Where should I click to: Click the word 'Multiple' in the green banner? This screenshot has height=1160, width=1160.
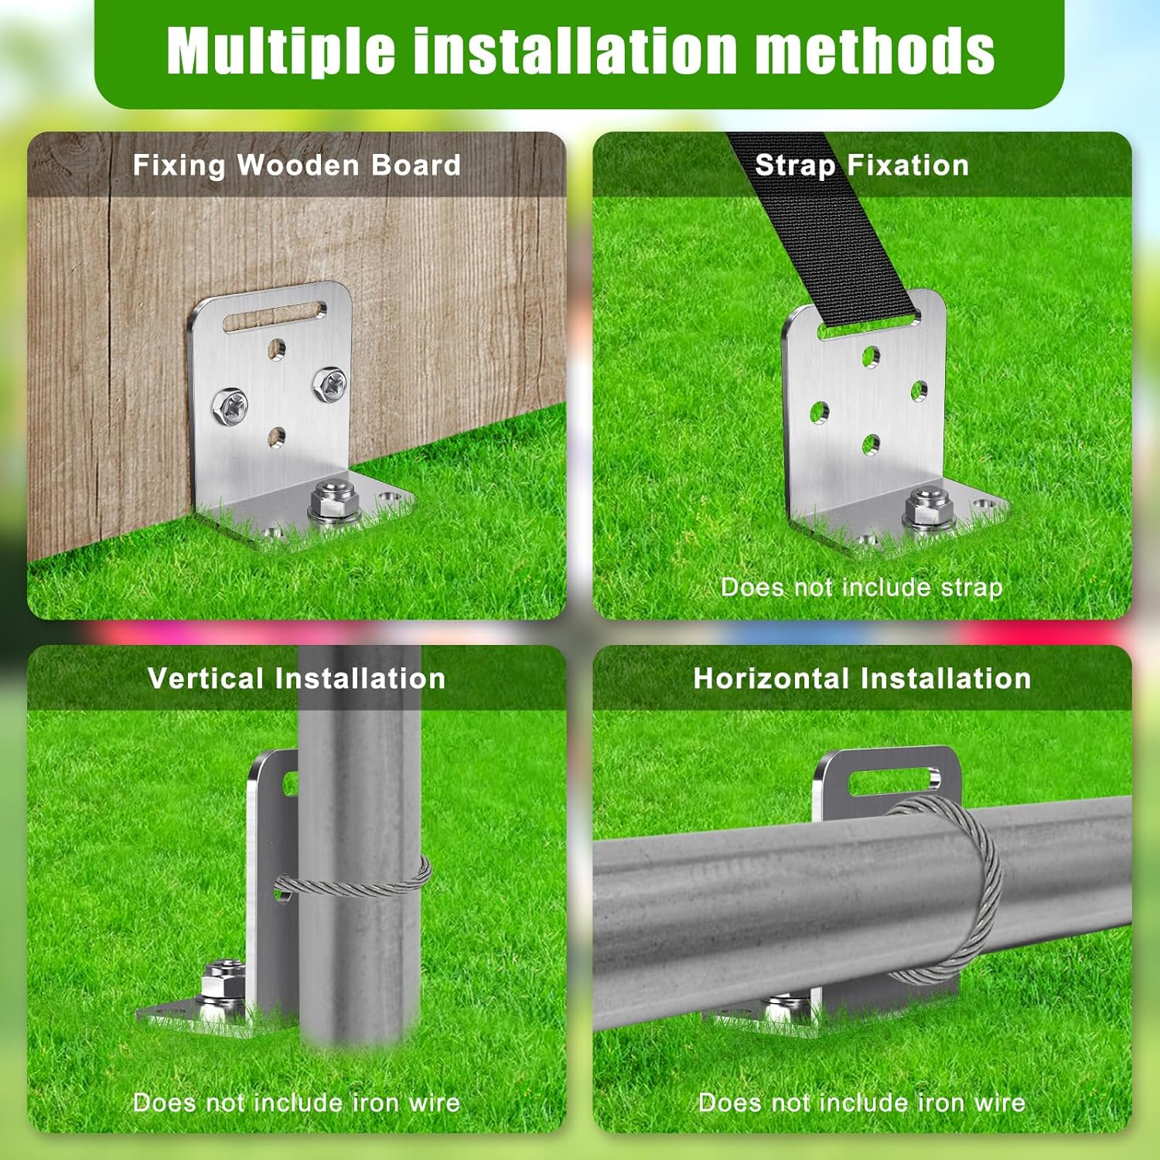[x=281, y=51]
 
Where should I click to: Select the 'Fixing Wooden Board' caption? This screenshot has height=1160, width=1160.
[x=297, y=165]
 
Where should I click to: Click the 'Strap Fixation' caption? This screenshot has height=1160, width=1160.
[x=861, y=165]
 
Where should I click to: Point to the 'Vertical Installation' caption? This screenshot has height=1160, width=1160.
[x=297, y=678]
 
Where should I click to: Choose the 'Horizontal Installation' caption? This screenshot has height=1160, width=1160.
[x=862, y=678]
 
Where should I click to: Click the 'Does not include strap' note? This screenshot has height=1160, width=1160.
[x=861, y=587]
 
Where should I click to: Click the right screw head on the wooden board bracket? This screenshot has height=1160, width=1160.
[x=329, y=384]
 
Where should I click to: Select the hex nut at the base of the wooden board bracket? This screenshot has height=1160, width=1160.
[x=333, y=500]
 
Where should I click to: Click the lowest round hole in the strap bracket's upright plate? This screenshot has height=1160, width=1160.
[x=871, y=444]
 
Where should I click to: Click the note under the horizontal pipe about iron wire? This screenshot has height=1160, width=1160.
[x=861, y=1102]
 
